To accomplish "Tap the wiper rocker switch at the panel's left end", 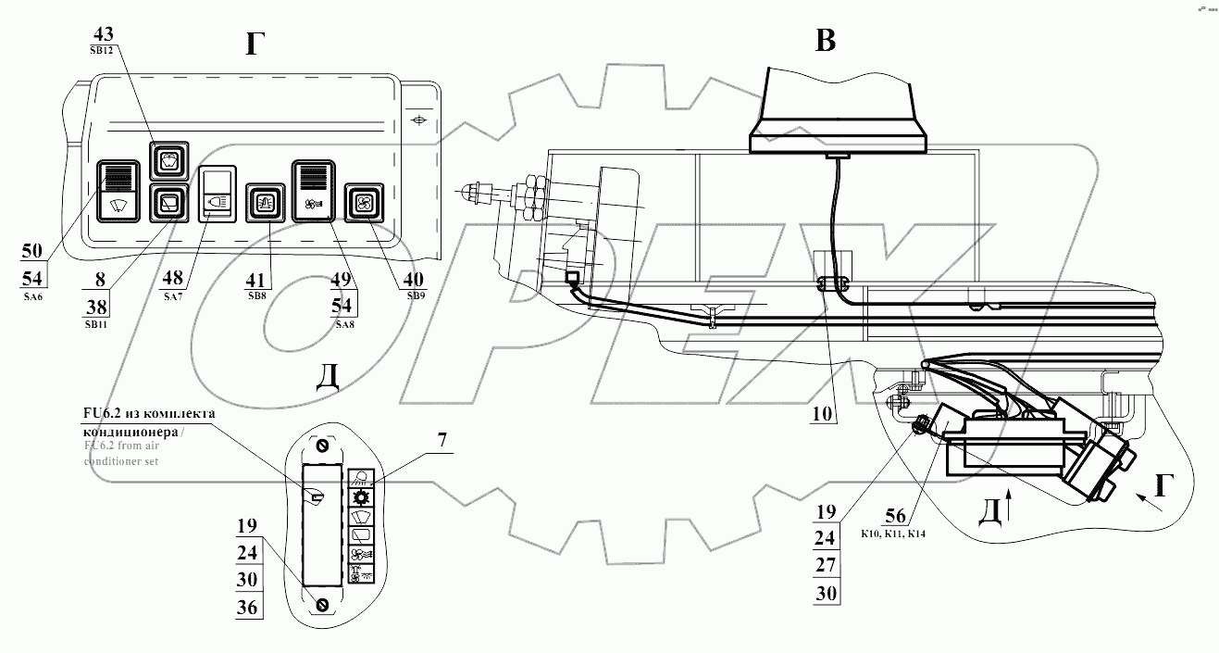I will pos(118,190).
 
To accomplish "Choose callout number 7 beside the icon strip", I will pos(442,441).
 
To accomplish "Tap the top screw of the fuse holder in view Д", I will pos(322,445).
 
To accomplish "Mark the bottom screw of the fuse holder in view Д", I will pos(322,605).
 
